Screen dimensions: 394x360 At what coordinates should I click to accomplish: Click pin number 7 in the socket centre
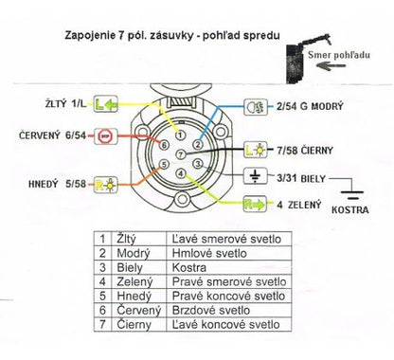point(181,154)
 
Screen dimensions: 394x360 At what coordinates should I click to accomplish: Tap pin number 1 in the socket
point(180,135)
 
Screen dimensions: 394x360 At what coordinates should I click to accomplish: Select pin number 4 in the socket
point(181,173)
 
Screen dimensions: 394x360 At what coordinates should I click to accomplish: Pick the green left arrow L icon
point(105,103)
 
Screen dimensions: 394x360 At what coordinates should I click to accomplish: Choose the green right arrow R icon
point(255,205)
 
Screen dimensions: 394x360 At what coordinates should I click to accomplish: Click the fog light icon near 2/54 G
point(256,107)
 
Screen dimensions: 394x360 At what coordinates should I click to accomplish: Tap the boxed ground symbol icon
point(255,176)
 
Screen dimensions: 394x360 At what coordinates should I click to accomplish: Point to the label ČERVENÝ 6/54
point(52,135)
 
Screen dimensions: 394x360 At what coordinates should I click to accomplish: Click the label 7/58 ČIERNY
point(305,151)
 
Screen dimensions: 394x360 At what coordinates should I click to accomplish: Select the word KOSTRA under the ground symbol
point(349,210)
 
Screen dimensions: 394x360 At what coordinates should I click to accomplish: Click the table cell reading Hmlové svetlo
point(209,253)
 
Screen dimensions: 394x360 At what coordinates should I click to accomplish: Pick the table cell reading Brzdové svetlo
point(211,310)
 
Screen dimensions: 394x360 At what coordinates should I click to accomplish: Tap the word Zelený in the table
point(134,281)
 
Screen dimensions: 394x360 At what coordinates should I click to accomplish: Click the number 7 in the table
point(102,324)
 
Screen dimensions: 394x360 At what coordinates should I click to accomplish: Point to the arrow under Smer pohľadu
point(331,66)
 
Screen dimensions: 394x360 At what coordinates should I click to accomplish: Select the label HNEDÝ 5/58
point(57,184)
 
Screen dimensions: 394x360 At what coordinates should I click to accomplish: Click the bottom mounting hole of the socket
point(182,200)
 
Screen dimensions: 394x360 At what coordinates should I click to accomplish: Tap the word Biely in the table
point(130,267)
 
